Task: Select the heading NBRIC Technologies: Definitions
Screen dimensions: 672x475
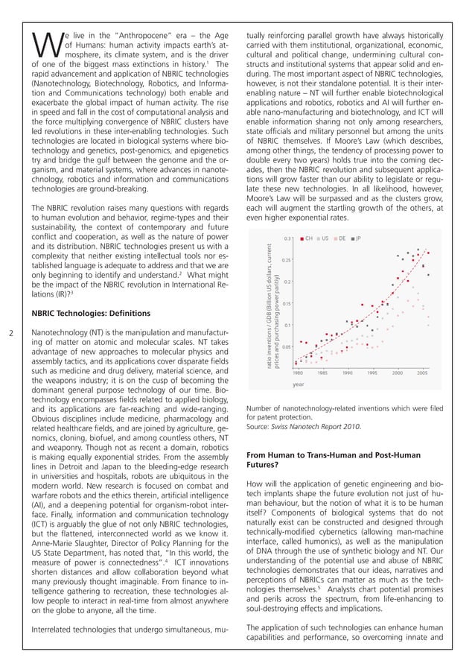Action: [x=92, y=313]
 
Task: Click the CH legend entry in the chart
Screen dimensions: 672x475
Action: [x=307, y=238]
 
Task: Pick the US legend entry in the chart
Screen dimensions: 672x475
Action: [x=325, y=238]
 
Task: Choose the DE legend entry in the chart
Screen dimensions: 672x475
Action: [x=342, y=238]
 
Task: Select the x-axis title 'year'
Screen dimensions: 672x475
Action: [x=299, y=384]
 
